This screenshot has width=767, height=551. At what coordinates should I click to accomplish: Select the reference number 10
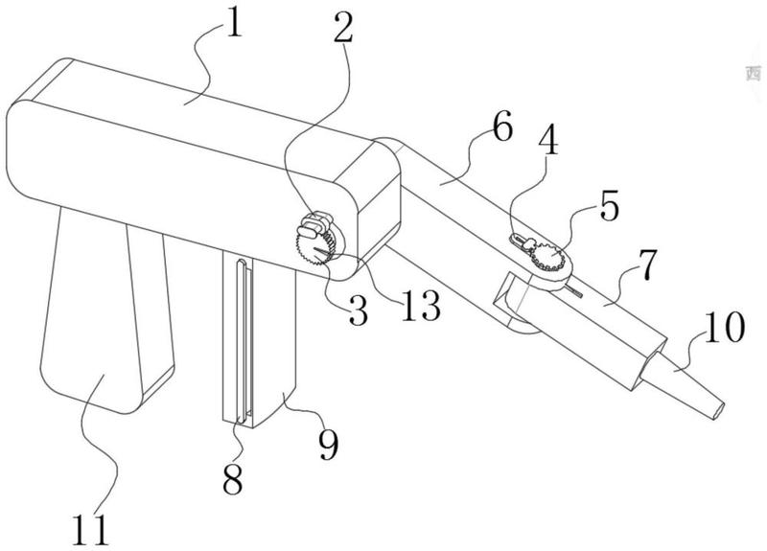pyautogui.click(x=724, y=329)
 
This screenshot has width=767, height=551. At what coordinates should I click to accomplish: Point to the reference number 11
pyautogui.click(x=104, y=526)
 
